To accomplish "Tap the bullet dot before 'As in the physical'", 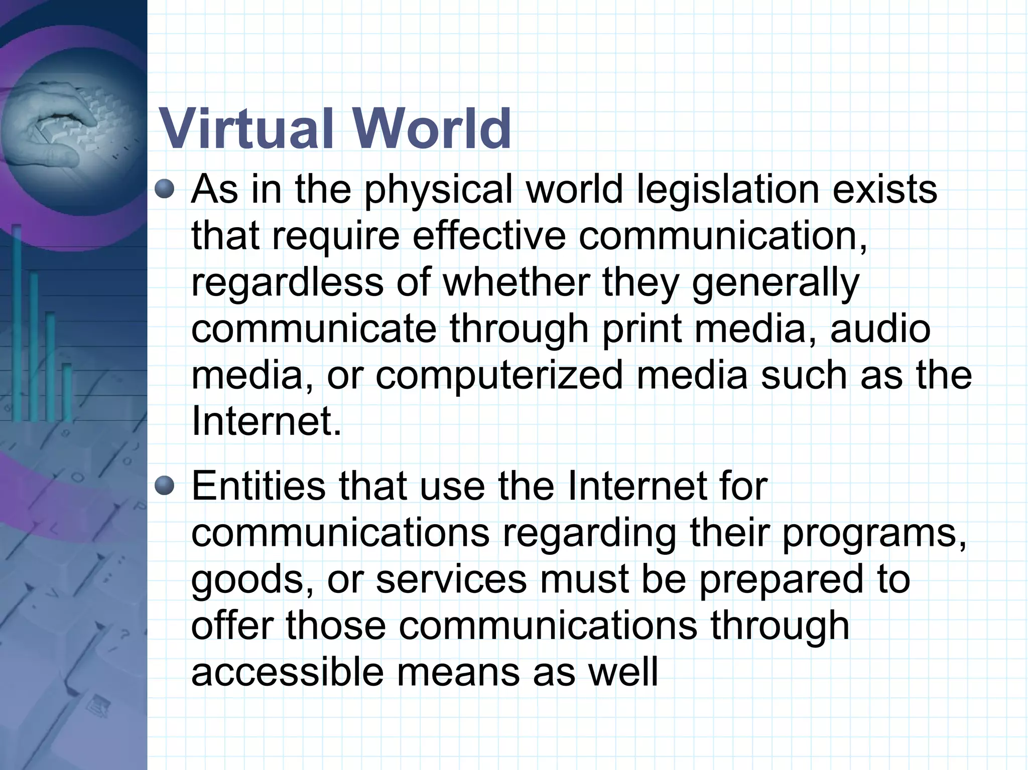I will [164, 190].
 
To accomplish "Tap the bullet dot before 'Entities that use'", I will [164, 486].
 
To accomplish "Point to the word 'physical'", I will [438, 191].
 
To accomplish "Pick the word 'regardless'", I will [287, 283].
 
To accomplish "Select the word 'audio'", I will [880, 330].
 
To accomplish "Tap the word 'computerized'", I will [499, 377].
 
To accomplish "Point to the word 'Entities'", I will [258, 486].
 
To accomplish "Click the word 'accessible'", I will [287, 673].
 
